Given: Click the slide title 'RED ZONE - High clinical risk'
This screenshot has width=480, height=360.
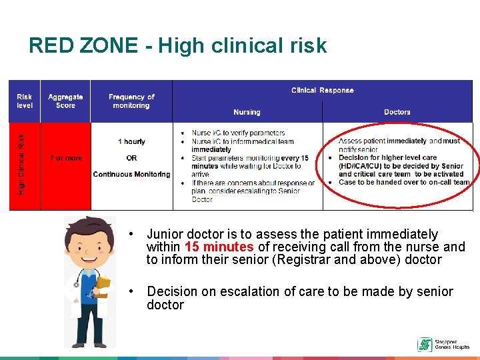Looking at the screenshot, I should point(177,45).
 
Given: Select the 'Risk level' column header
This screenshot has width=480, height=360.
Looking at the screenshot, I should point(24,101).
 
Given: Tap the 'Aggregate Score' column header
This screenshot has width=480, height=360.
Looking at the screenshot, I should point(65,101).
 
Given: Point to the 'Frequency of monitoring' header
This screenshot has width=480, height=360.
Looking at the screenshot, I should point(131,101).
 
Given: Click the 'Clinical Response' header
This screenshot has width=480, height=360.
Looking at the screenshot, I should point(322,90).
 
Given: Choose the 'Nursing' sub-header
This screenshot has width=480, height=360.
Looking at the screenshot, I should point(247,112).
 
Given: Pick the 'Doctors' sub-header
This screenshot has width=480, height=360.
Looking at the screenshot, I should point(397,112).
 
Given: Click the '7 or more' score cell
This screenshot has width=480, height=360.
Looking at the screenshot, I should point(65,158).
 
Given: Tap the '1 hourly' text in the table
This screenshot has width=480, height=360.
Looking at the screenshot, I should point(131,141).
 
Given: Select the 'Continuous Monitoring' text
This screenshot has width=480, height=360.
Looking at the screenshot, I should point(131,174).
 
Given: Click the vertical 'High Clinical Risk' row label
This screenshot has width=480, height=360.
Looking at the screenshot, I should point(21,165).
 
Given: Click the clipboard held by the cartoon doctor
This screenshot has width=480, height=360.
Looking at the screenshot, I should point(103,286).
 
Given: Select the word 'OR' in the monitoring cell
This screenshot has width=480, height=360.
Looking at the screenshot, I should point(131,158).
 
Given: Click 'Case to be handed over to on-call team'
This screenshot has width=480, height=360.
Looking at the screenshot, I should point(404,182).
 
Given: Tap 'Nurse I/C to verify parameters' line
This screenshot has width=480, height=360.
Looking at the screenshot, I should point(238,133).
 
